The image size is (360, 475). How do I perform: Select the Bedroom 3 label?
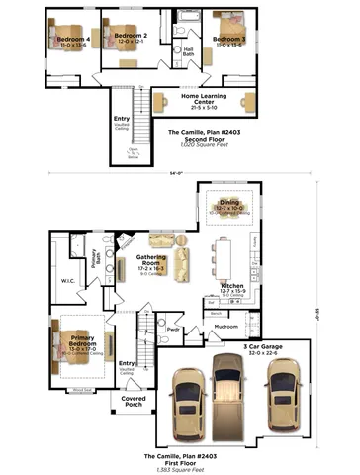(x=227, y=40)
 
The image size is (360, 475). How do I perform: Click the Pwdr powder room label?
(x=174, y=329)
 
